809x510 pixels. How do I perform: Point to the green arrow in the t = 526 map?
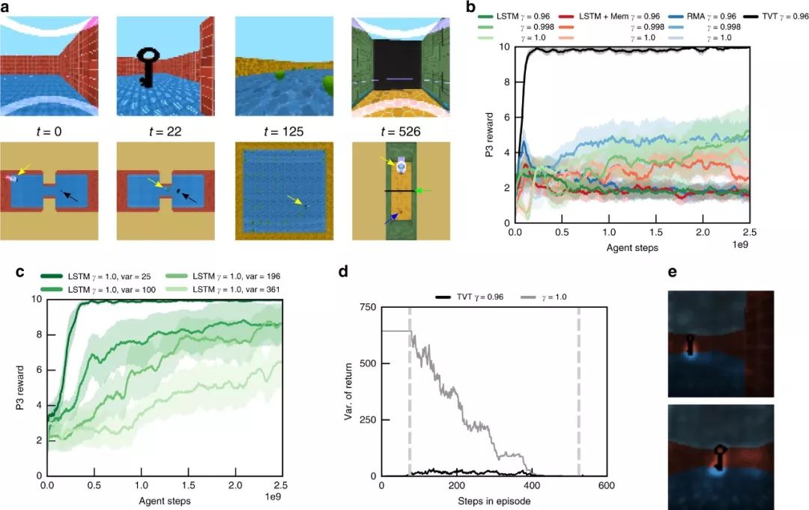[423, 191]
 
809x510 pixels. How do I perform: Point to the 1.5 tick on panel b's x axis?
[655, 234]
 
